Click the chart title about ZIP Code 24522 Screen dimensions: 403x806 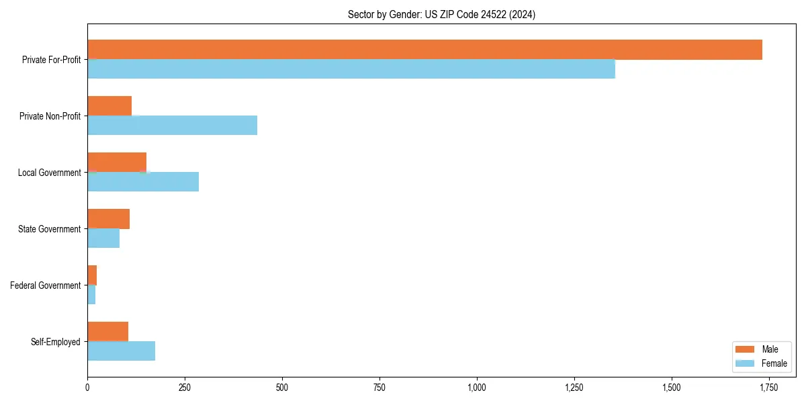(x=441, y=14)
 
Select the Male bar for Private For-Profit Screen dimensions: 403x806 (x=424, y=50)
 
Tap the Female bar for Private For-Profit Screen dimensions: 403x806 (x=351, y=69)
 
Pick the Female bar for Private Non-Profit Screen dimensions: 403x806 (x=172, y=125)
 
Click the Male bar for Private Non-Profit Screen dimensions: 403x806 (x=109, y=106)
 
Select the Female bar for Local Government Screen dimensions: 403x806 (x=143, y=181)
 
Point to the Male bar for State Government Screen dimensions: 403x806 (x=108, y=219)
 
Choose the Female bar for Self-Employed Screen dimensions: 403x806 (x=121, y=351)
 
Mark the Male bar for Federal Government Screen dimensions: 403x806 (x=92, y=275)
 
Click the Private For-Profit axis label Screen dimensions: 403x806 (x=51, y=60)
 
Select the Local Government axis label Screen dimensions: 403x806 (x=49, y=173)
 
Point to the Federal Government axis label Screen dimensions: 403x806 (x=46, y=285)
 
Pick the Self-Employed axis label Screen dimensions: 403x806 (x=56, y=342)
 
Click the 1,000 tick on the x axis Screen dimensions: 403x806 (x=477, y=388)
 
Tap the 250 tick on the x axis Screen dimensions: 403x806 (x=185, y=388)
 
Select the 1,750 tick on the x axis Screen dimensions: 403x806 (x=769, y=388)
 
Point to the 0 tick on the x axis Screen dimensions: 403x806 (x=87, y=388)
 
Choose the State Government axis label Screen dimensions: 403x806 (x=49, y=229)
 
